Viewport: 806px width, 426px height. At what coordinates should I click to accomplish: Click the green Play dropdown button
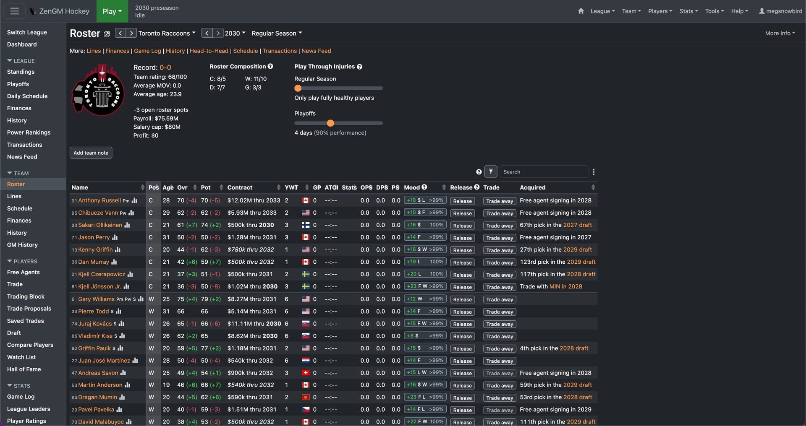[112, 11]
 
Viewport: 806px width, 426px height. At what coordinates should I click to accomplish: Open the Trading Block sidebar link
[26, 296]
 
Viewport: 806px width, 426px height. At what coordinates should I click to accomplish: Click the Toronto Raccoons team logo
[98, 90]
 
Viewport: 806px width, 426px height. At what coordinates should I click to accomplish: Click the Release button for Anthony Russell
[462, 201]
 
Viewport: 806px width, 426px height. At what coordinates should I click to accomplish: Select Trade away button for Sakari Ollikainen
[499, 226]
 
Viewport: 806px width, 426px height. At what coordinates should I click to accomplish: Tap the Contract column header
[240, 187]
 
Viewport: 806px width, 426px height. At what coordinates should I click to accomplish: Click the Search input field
[544, 172]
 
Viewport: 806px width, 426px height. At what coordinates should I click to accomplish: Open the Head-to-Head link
[209, 51]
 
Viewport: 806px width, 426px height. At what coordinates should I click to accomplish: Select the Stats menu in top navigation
[688, 11]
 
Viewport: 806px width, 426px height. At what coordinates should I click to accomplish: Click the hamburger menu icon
[14, 11]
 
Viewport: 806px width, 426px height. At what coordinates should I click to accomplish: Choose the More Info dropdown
[780, 33]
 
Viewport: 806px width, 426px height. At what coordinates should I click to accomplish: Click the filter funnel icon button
[491, 171]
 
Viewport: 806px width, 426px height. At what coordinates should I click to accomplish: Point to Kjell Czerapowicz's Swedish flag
[306, 274]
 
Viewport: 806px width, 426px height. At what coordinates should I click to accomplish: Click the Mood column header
[412, 187]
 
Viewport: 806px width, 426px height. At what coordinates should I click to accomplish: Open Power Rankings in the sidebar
[29, 132]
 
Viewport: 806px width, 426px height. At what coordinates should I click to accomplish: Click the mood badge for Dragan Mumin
[425, 397]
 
